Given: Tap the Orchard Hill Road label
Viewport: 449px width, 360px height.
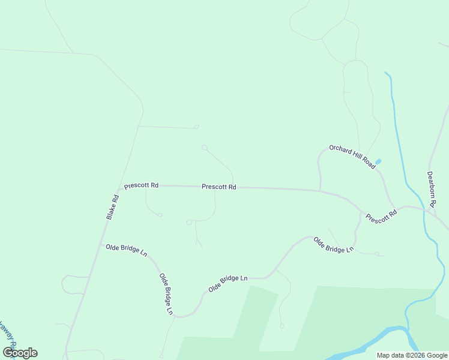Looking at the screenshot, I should (352, 156).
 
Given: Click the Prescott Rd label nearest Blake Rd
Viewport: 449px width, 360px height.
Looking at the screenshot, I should (141, 185).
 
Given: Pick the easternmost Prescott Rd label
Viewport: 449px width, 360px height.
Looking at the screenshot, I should (382, 214).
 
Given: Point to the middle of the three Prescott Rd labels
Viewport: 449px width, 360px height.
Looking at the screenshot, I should (219, 187).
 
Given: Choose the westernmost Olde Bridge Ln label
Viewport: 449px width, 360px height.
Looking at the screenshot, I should (126, 249).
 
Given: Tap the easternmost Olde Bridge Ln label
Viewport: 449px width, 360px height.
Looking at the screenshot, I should (333, 244).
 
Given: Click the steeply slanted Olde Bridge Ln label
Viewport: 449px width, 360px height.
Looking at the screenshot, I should (166, 294).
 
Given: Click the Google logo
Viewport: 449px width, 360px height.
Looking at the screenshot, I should (20, 353).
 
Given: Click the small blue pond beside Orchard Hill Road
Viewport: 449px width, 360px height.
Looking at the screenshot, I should (378, 162).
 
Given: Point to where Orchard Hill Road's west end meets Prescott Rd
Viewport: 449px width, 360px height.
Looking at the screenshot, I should (320, 191).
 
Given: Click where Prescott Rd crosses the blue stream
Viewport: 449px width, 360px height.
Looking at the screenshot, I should (424, 209).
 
